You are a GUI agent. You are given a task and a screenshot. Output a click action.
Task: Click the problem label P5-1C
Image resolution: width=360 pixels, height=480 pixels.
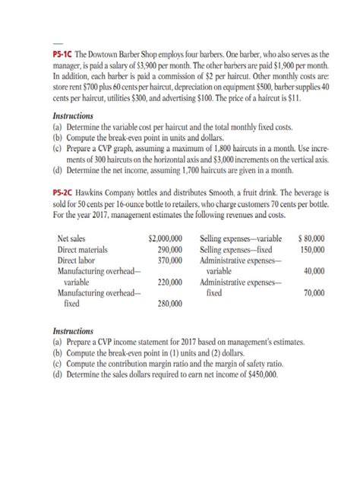[x=67, y=56]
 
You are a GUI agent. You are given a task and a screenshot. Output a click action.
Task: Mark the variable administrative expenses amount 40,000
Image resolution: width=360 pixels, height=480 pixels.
[x=314, y=271]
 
